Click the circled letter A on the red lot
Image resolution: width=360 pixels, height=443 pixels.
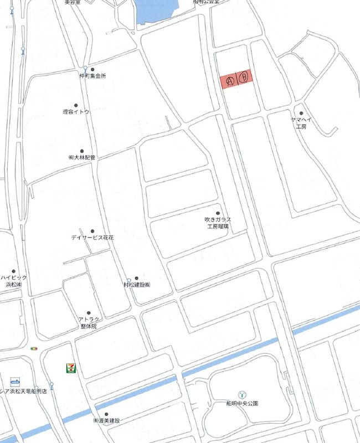pos(231,80)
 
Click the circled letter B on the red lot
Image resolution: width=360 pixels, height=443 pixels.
pos(246,78)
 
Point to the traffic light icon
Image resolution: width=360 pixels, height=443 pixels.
pos(35,348)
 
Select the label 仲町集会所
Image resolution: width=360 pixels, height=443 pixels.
pos(92,76)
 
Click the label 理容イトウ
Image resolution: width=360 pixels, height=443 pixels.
pos(76,112)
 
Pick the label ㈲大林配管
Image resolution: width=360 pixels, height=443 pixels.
pos(81,158)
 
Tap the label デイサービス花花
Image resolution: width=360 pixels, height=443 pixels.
pos(92,237)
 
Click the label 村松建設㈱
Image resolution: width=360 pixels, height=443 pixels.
pos(137,285)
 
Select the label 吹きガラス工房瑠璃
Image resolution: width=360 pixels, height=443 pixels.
pos(218,223)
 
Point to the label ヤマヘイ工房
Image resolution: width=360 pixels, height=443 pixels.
pos(301,122)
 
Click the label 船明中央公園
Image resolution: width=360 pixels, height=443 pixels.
pos(242,402)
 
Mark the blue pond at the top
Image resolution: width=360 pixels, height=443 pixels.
pos(158,10)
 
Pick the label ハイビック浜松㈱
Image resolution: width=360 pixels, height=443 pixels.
pos(13,281)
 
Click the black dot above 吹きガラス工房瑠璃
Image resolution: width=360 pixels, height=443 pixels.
pos(218,213)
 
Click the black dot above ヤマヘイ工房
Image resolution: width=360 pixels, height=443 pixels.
pos(301,113)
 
